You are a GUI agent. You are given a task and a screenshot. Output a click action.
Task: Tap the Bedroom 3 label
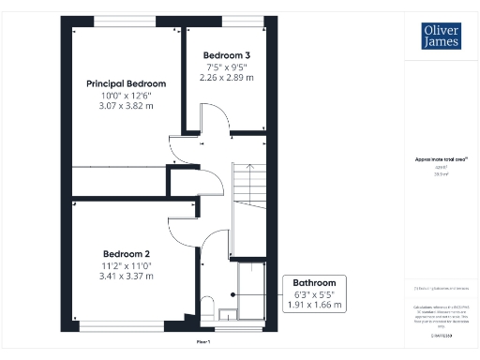tap(226, 55)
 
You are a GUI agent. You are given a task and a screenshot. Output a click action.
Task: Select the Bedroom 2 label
tap(127, 254)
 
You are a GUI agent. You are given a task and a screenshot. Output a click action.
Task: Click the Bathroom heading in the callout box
tap(314, 282)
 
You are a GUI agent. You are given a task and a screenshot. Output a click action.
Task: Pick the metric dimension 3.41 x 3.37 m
tap(127, 277)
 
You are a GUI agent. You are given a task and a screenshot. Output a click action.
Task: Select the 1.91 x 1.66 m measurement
tap(314, 306)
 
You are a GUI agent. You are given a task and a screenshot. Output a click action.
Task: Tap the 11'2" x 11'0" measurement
tap(127, 266)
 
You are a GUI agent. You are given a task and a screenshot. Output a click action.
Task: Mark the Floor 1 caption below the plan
tap(202, 343)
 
